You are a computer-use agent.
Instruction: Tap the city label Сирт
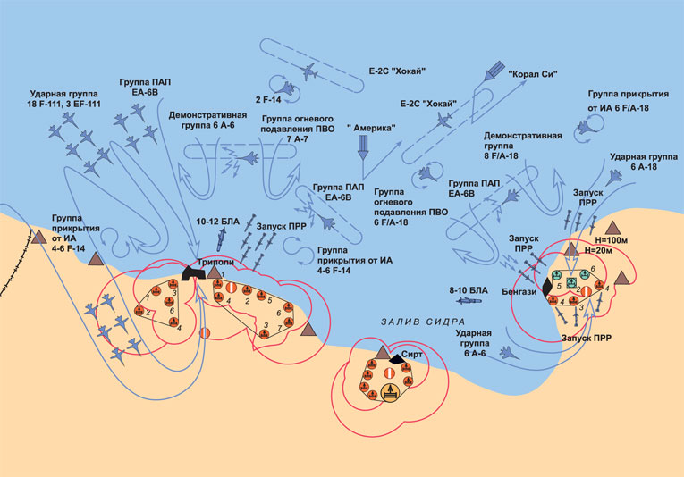(411, 354)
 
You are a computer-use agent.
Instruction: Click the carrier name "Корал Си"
(533, 76)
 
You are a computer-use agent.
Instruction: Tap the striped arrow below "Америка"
(363, 151)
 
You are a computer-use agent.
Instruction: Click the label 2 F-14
(268, 99)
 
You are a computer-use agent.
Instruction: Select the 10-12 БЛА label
(215, 221)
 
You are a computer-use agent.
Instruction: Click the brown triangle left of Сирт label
(384, 354)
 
